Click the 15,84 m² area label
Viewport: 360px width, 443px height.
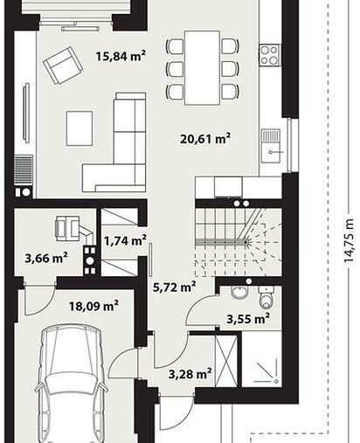121,56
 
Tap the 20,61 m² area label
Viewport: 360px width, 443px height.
205,138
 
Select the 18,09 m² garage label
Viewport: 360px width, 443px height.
93,306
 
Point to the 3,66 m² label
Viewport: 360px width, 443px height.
46,258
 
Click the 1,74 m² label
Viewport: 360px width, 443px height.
125,241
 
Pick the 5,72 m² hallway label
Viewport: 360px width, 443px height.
174,287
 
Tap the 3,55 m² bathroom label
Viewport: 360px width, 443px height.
248,319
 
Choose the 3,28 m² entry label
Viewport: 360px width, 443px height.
190,374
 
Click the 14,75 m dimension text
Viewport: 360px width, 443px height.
349,241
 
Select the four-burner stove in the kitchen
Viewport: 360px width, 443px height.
269,55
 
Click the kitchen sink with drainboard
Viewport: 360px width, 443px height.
271,146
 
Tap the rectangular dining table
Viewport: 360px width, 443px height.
202,67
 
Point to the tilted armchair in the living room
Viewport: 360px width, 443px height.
63,66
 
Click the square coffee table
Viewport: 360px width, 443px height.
80,128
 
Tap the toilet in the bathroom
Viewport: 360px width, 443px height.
267,297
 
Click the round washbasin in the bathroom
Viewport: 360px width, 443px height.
239,293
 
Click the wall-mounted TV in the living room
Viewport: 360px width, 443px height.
26,113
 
